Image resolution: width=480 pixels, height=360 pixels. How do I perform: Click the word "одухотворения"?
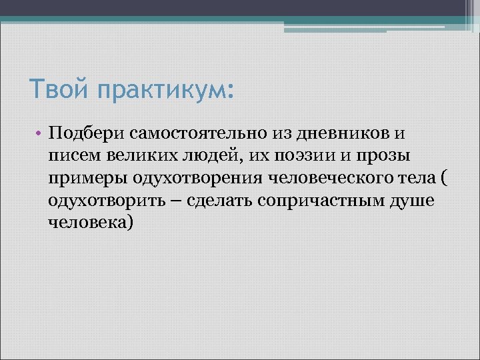194,177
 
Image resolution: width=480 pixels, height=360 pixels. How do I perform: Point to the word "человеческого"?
323,177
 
